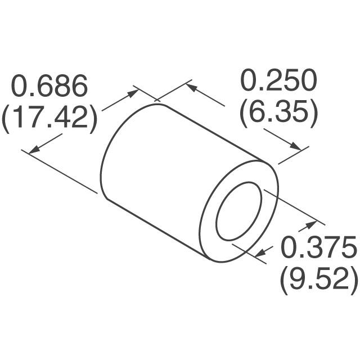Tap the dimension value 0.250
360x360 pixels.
tap(279, 82)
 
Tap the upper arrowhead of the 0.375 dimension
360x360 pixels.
tap(310, 225)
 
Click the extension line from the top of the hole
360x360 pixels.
tap(290, 205)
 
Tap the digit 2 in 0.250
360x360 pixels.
tap(269, 82)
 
